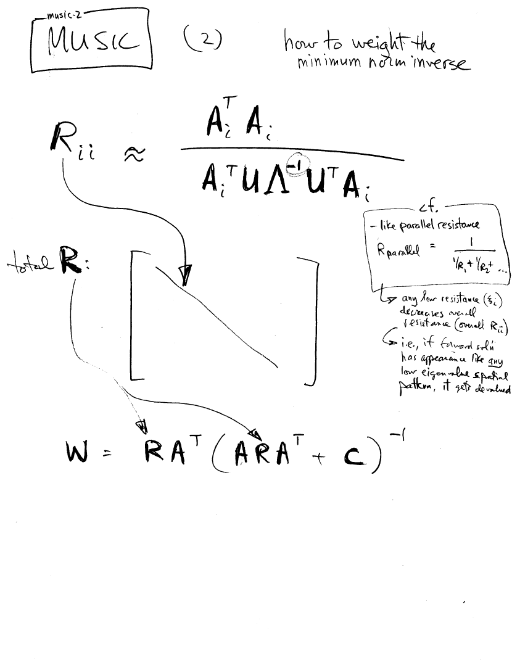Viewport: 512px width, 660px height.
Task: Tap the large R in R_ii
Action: [64, 141]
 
